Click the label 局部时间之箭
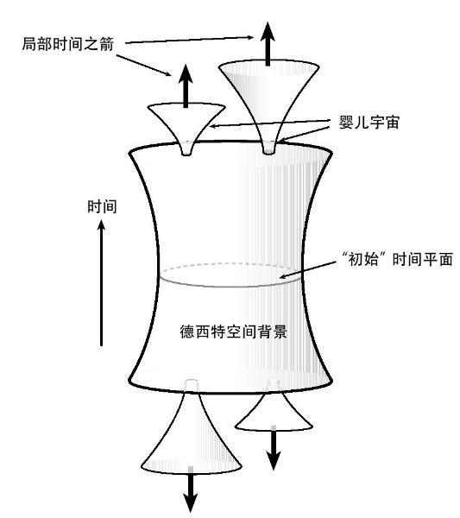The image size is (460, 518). [x=68, y=44]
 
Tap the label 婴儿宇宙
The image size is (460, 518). [x=369, y=123]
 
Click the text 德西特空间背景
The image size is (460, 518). [x=234, y=332]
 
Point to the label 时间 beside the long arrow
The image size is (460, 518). [x=102, y=207]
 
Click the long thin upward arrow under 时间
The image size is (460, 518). [x=101, y=283]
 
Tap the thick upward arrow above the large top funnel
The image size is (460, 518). [x=268, y=44]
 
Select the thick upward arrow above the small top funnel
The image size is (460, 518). [x=186, y=85]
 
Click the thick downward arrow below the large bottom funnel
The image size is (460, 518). [x=191, y=489]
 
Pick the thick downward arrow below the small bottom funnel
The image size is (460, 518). [x=273, y=447]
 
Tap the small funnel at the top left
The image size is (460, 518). [x=186, y=128]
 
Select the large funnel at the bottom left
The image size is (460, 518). [x=192, y=429]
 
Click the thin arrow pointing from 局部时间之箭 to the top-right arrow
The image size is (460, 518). [x=190, y=40]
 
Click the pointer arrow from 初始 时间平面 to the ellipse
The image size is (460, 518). [x=308, y=269]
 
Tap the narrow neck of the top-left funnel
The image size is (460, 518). [x=187, y=148]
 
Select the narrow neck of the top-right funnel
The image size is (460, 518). [x=268, y=147]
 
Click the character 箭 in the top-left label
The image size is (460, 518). [x=107, y=44]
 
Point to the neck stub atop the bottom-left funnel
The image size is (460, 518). [x=192, y=385]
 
